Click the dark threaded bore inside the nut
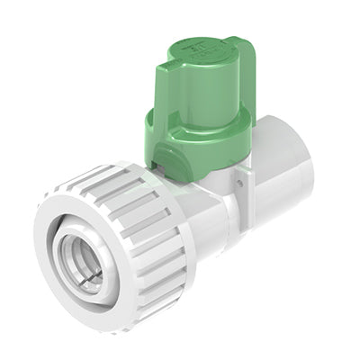click(x=76, y=265)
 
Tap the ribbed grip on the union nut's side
click(x=144, y=234)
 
